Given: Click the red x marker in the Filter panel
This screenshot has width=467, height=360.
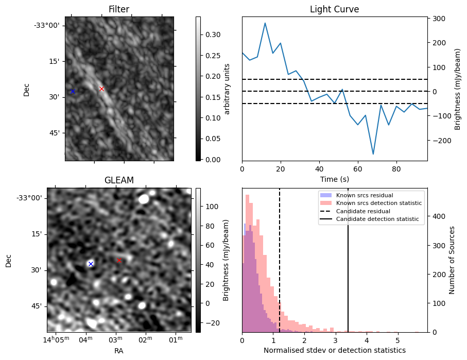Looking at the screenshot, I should (x=101, y=89).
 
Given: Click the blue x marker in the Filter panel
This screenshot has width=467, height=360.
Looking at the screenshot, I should (x=73, y=91).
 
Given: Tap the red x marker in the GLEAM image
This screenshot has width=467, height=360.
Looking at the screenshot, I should (x=119, y=261).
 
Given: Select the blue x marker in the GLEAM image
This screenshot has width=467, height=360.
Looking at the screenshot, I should (x=91, y=264).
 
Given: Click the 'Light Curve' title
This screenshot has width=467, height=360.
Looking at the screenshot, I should (x=334, y=9).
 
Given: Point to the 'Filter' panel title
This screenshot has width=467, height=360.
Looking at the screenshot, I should (x=119, y=9).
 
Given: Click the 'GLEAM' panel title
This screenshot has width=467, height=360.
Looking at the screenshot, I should (x=119, y=180).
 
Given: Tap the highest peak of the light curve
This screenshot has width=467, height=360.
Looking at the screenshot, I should (x=265, y=23).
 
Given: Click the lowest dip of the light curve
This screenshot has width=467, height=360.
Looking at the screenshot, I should (x=373, y=154).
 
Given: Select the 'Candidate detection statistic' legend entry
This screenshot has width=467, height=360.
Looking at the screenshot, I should (x=379, y=219).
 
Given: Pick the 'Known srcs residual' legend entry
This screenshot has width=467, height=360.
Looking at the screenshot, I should (x=365, y=195).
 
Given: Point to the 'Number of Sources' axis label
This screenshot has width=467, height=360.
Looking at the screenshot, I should (x=452, y=260).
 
